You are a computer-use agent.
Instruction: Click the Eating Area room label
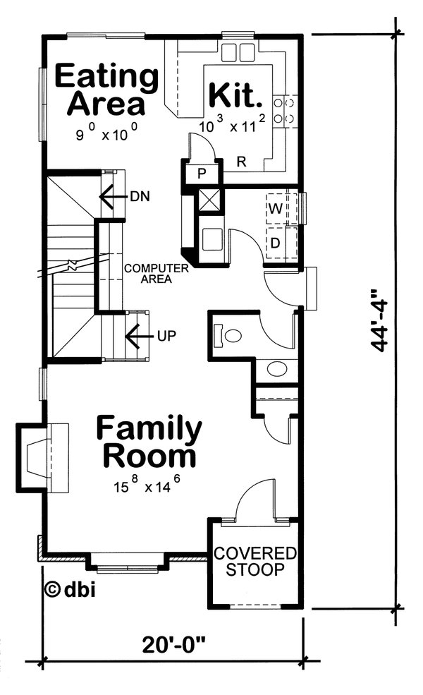point(106,90)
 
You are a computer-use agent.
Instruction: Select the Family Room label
point(149,442)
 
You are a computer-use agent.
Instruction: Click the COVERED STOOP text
point(255,561)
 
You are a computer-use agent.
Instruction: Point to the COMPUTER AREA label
point(156,273)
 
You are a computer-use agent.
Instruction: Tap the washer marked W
point(274,209)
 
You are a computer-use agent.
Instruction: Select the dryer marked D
point(274,243)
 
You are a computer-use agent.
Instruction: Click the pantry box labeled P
point(201,174)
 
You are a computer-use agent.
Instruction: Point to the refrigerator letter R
point(240,162)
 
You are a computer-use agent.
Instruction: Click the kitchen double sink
point(238,52)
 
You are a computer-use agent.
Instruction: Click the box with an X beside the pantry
point(209,200)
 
